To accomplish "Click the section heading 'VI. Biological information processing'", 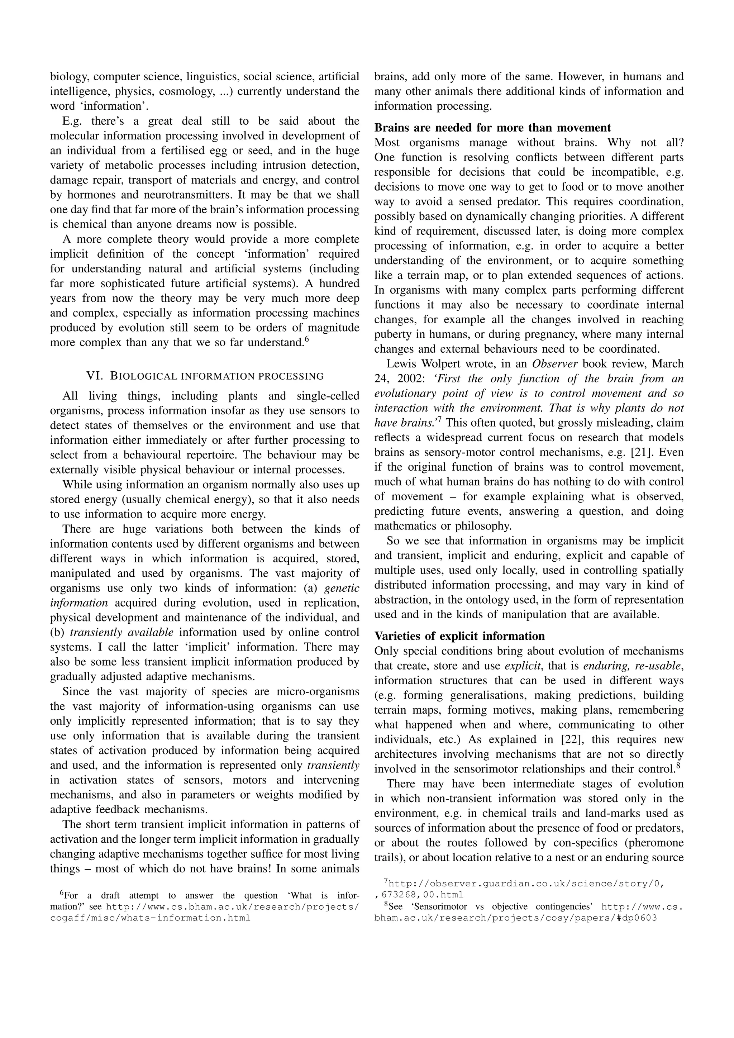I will click(205, 376).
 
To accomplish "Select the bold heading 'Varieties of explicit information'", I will click(459, 636).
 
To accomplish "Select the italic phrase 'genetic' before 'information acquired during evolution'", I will click(342, 588).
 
